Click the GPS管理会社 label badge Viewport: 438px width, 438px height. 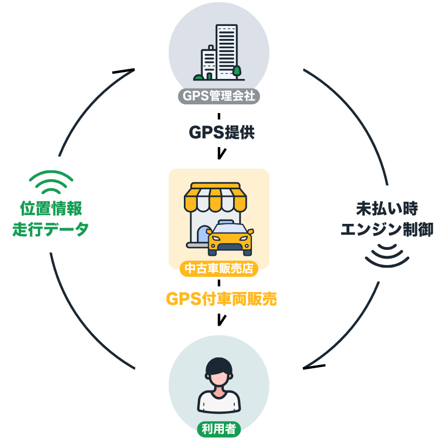coord(218,96)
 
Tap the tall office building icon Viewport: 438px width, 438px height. coord(227,52)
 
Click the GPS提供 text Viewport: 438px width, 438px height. coord(222,132)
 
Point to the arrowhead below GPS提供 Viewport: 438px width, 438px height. coord(222,154)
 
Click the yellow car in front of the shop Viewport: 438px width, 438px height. coord(230,238)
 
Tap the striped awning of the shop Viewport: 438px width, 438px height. coord(215,197)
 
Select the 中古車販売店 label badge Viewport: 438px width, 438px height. coord(218,268)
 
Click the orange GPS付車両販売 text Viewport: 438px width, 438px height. coord(221,298)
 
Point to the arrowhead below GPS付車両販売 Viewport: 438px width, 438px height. coord(222,320)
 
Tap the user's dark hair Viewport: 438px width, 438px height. coord(218,366)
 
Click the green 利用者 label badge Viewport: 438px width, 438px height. coord(218,429)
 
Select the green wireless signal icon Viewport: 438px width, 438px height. coord(51,182)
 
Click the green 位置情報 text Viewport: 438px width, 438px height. coord(51,208)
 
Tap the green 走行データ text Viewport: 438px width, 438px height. coord(51,229)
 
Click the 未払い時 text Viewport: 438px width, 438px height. coord(387,208)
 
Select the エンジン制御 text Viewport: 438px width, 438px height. coord(387,229)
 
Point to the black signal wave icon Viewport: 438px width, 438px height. coord(387,256)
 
